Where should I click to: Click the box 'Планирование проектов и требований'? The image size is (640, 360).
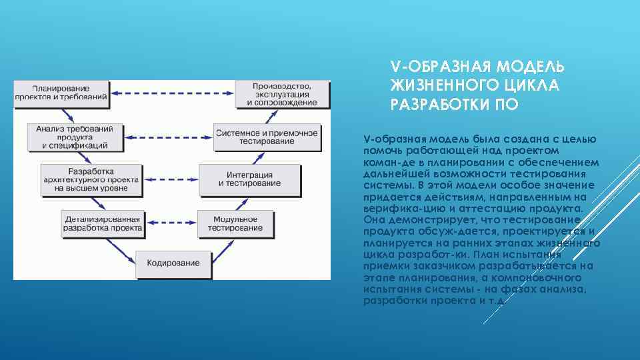(x=61, y=93)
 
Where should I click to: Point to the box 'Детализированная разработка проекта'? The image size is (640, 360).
(x=103, y=223)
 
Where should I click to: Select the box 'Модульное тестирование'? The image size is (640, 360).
(x=235, y=223)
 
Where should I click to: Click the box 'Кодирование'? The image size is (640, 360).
(x=173, y=263)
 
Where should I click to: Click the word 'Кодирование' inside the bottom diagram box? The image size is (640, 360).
(x=173, y=263)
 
